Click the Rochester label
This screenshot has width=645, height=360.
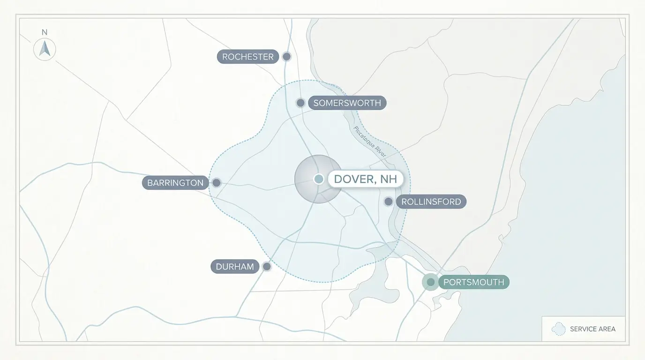coord(247,57)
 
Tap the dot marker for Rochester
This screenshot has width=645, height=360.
coord(287,57)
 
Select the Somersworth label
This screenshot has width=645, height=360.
coord(347,103)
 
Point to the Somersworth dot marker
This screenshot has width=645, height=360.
coord(300,103)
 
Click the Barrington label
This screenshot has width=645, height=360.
coord(175,183)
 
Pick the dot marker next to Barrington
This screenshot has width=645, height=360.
coord(217,183)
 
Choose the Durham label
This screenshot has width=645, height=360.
coord(235,267)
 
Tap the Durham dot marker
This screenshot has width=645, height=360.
coord(267,267)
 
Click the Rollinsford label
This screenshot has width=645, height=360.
coord(431,202)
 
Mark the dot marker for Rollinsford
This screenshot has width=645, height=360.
coord(389,202)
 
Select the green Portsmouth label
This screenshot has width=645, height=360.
coord(473,282)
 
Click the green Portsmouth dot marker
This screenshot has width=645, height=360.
coord(430,282)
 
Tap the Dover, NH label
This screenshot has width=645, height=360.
coord(365,179)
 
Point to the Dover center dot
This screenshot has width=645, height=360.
coord(319,179)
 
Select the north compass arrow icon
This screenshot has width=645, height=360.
coord(45,49)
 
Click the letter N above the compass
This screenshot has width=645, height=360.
coord(45,32)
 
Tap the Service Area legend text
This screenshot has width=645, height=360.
coord(592,329)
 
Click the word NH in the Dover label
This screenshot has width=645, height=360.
coord(389,179)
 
